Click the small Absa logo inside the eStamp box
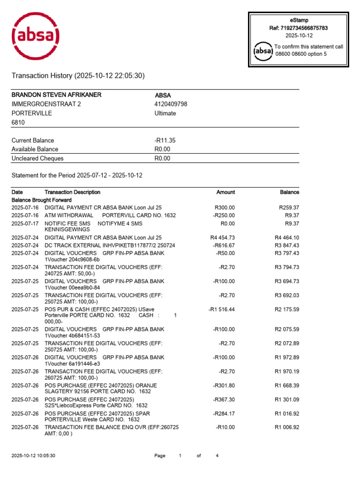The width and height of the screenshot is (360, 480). pyautogui.click(x=262, y=51)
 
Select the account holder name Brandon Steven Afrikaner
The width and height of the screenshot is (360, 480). pyautogui.click(x=56, y=95)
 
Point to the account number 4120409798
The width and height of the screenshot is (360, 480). pyautogui.click(x=171, y=104)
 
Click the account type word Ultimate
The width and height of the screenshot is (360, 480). pyautogui.click(x=165, y=113)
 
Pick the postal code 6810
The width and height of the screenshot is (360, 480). pyautogui.click(x=18, y=122)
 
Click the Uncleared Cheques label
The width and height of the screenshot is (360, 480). pyautogui.click(x=37, y=158)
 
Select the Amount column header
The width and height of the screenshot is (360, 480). pyautogui.click(x=225, y=192)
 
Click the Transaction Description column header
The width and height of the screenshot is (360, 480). pyautogui.click(x=72, y=192)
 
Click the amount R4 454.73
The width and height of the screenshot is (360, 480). pyautogui.click(x=223, y=238)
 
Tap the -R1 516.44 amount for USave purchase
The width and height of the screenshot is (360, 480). pyautogui.click(x=221, y=309)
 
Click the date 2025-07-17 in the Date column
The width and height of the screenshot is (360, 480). pyautogui.click(x=24, y=224)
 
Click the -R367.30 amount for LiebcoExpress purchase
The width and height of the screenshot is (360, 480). pyautogui.click(x=224, y=399)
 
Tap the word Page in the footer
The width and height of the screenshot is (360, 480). pyautogui.click(x=160, y=456)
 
